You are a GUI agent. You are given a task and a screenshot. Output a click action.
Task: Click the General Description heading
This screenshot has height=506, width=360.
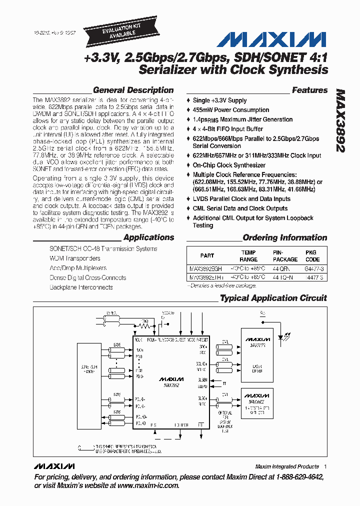[x=133, y=90]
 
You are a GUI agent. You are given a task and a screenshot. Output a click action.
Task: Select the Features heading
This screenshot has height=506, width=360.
[x=309, y=90]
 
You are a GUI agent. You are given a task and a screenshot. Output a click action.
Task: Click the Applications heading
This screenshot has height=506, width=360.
[x=148, y=238]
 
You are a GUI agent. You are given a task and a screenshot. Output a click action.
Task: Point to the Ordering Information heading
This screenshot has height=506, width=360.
[x=284, y=238]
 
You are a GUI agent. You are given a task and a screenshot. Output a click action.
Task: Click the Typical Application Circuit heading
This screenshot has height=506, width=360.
[x=273, y=298]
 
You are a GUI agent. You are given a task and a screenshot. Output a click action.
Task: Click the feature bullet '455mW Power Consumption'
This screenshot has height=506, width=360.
[x=230, y=110]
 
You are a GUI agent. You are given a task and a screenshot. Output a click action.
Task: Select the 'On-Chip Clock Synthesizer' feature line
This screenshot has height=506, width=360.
[x=229, y=165]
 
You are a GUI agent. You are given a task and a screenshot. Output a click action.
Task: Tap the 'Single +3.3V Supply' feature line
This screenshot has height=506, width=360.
[x=219, y=100]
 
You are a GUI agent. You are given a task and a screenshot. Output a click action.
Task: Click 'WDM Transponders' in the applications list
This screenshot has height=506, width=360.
[x=74, y=258]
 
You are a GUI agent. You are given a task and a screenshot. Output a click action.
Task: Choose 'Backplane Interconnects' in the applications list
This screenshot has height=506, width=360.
[x=81, y=287]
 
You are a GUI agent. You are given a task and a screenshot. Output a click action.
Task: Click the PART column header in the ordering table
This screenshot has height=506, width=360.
[x=207, y=255]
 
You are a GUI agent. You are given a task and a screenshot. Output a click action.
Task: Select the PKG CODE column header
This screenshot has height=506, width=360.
[x=312, y=256]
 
